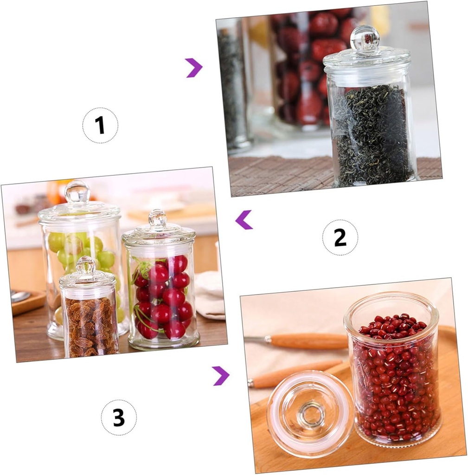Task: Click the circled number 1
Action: pos(100,125)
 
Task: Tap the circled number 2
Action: pos(340,237)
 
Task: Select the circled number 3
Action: pos(119,417)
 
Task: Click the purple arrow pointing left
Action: pos(244,219)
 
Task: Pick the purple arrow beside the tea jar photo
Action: pos(194,68)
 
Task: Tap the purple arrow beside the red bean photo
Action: pos(221,375)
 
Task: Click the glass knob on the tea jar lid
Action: pos(365,39)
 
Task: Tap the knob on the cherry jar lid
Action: pos(157,218)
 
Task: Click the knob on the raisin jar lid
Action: pos(86,265)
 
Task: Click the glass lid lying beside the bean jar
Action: pos(310,413)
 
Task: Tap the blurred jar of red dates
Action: pos(306,70)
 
